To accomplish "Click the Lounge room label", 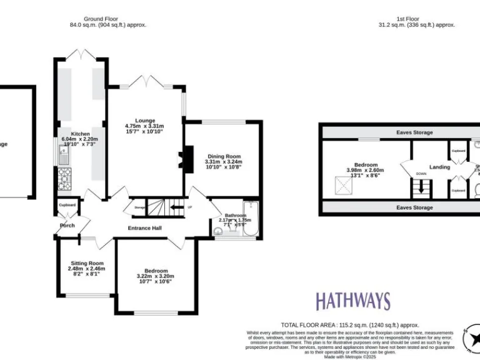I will point(144,121).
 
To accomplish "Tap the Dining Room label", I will point(222,156).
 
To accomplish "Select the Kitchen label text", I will point(80,134).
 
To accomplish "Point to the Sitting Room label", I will point(86,263).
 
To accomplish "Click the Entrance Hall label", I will point(145,228).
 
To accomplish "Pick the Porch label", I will point(67,225).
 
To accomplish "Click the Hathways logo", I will point(352,301).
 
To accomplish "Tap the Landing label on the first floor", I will point(440,167).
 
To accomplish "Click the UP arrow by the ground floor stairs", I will point(181,207).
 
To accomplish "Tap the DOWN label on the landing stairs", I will point(421,174).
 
